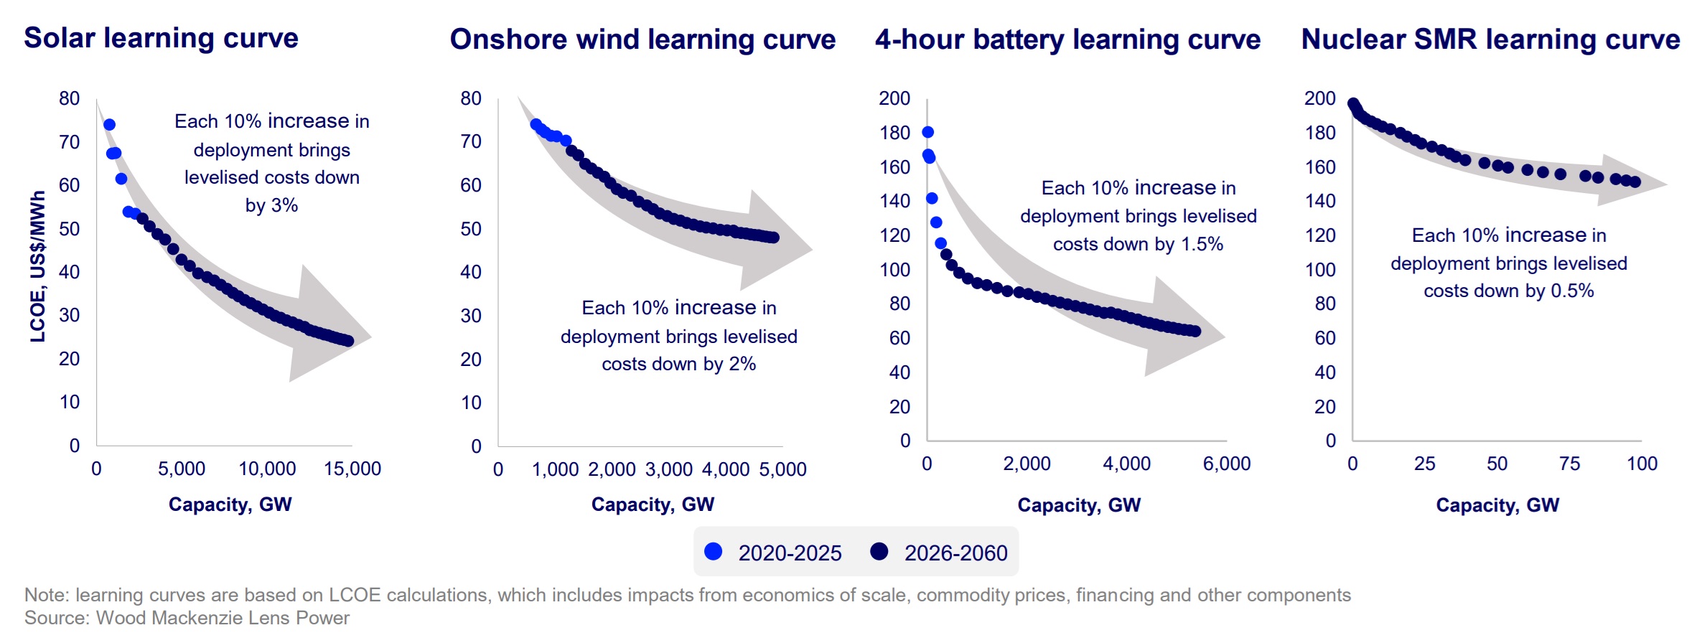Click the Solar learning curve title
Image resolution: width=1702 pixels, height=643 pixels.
[x=161, y=38]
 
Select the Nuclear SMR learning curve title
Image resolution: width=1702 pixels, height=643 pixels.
[x=1490, y=39]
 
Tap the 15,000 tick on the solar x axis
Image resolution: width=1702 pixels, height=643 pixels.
[x=352, y=469]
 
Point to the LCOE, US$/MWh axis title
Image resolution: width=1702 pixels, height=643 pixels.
[x=37, y=266]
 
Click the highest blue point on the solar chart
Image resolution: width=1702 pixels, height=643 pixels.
[x=109, y=125]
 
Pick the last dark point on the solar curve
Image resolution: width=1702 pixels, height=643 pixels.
[x=348, y=341]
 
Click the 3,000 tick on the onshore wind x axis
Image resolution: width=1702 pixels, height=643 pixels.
[x=668, y=470]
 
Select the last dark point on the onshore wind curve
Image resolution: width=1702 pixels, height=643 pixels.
[x=773, y=238]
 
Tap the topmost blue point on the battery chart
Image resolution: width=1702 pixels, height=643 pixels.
[x=927, y=132]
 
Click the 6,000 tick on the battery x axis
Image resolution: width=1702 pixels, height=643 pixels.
[x=1226, y=464]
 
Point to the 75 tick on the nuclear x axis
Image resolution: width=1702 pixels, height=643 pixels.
[x=1569, y=464]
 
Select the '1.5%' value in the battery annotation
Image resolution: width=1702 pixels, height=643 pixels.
[x=1202, y=244]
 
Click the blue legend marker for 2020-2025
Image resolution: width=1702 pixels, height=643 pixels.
[x=714, y=551]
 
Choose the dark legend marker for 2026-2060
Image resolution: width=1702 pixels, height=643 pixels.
[x=879, y=551]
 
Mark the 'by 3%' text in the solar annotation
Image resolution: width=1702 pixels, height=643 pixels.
[x=271, y=205]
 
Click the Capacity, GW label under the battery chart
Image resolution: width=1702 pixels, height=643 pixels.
[x=1078, y=505]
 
